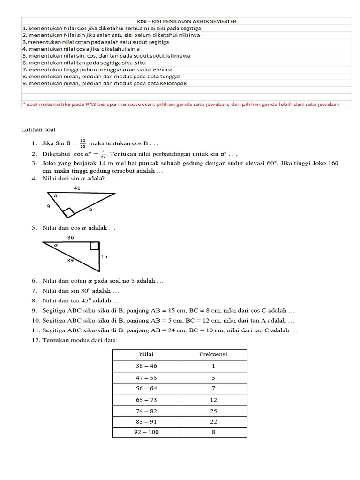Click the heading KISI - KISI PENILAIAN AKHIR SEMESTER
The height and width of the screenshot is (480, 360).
pyautogui.click(x=187, y=21)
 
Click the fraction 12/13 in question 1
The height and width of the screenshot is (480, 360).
pyautogui.click(x=82, y=142)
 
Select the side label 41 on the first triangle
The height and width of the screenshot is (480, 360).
pyautogui.click(x=77, y=187)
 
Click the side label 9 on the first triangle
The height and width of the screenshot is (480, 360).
pyautogui.click(x=48, y=206)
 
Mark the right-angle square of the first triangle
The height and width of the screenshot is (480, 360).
pyautogui.click(x=68, y=213)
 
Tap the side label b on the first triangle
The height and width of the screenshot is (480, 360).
pyautogui.click(x=91, y=210)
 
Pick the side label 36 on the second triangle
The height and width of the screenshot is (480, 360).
pyautogui.click(x=71, y=238)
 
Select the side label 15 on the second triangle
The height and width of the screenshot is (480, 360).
pyautogui.click(x=104, y=256)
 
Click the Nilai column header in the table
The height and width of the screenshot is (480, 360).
pyautogui.click(x=146, y=354)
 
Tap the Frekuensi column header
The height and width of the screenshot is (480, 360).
pyautogui.click(x=213, y=354)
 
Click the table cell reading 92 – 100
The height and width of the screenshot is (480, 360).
pyautogui.click(x=146, y=432)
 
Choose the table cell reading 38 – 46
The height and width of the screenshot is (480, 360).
pyautogui.click(x=146, y=366)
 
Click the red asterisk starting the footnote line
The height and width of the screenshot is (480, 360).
pyautogui.click(x=23, y=104)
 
